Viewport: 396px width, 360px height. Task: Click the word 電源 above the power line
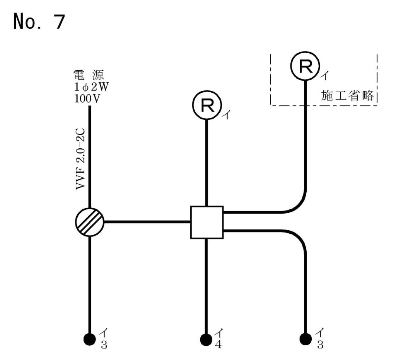point(90,74)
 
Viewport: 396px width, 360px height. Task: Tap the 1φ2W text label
point(91,86)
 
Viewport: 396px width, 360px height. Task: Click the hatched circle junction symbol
point(90,222)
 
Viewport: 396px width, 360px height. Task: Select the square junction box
point(207,222)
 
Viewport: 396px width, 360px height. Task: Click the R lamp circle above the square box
point(207,106)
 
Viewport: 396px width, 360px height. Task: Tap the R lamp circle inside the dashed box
point(305,66)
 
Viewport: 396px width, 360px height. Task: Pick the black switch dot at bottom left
point(90,340)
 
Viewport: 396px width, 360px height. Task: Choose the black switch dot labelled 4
point(206,340)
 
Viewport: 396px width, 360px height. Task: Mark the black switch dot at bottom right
point(306,340)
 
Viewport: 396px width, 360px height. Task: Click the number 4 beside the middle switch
point(218,345)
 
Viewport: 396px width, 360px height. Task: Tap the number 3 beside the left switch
point(104,345)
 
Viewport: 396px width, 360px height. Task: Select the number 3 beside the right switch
point(320,345)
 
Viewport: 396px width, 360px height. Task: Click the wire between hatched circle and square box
point(147,222)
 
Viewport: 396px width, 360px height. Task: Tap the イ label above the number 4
point(219,333)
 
